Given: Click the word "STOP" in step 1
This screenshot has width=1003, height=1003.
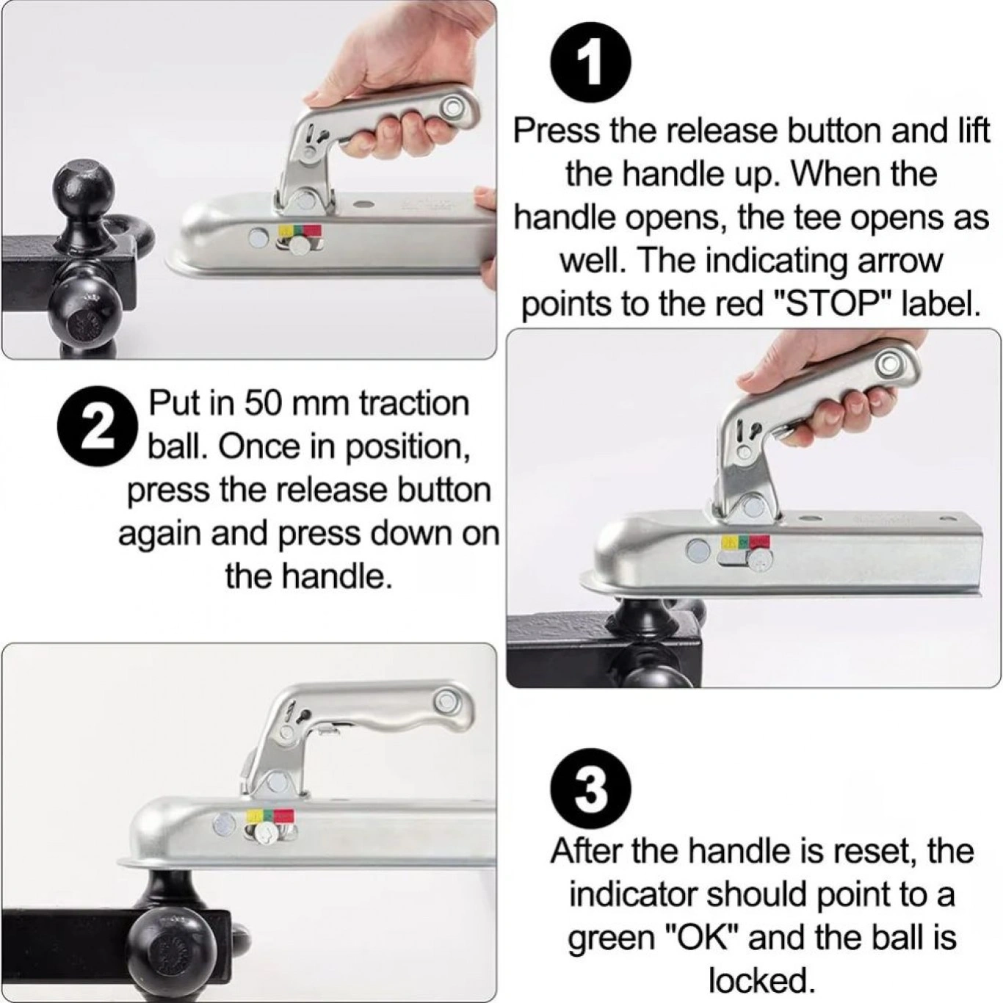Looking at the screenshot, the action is pos(828,305).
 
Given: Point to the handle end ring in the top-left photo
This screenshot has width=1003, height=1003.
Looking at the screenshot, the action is pos(451,109).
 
